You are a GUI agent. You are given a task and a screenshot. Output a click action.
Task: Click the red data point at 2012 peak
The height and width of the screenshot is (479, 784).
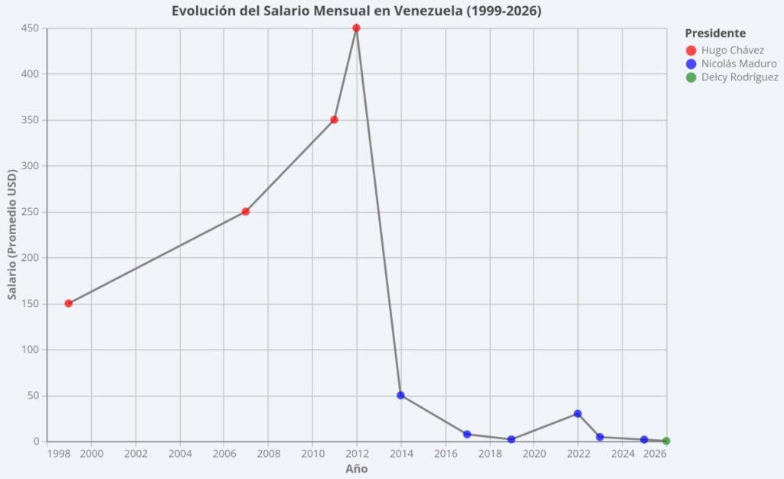[x=356, y=28]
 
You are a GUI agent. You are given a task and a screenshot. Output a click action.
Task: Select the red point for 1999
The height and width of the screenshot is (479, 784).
[x=69, y=304]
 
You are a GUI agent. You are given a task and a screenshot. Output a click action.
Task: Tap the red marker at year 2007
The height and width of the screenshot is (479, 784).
[x=246, y=212]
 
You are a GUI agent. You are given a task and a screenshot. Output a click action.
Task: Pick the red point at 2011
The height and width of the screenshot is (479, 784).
[x=334, y=120]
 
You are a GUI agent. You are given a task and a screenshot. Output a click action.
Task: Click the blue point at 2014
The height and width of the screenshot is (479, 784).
[x=400, y=396]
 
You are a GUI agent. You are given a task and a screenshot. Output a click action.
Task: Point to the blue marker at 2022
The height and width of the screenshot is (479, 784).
[x=578, y=414]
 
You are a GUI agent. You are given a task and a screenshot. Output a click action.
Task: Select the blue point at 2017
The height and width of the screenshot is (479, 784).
[x=467, y=435]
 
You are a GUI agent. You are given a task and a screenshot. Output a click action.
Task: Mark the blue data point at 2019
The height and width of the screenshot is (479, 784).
[x=511, y=440]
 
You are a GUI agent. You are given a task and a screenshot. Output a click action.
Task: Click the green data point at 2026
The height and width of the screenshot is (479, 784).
[x=666, y=441]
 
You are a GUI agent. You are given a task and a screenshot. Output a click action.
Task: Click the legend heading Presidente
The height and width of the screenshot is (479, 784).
[x=715, y=33]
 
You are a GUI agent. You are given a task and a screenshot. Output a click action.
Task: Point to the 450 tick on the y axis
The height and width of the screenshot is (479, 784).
[x=30, y=28]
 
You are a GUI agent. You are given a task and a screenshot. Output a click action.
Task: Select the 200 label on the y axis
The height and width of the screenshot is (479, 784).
[x=30, y=258]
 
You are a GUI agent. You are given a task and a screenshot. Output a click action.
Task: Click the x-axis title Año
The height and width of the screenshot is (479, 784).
[x=356, y=468]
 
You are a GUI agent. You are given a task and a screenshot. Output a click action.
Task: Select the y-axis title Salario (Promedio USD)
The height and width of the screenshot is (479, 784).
[x=12, y=235]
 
